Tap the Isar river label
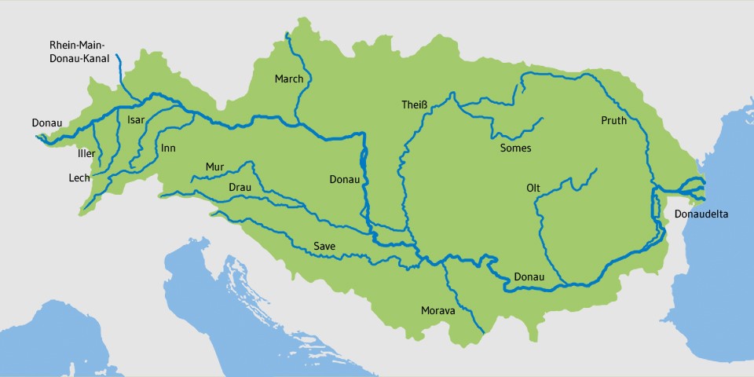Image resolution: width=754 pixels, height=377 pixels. [136, 120]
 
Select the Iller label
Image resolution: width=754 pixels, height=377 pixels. [86, 153]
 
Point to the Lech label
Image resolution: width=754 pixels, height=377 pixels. [79, 178]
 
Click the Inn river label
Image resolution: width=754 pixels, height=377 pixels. [168, 148]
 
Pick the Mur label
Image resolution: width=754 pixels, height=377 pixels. [214, 167]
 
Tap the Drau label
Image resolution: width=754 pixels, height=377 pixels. [240, 188]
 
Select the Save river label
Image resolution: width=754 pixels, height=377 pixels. [324, 247]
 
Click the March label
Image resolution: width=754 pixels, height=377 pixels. [288, 79]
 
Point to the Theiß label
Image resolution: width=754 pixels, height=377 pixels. [414, 106]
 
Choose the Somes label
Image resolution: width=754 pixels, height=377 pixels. [515, 148]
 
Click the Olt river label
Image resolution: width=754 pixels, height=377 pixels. [533, 188]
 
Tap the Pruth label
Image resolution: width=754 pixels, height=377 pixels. [613, 121]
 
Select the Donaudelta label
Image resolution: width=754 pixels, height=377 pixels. [700, 214]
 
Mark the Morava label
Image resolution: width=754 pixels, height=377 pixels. [437, 311]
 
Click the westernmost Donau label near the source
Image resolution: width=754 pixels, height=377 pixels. [46, 123]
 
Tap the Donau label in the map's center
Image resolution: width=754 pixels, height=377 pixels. [344, 180]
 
